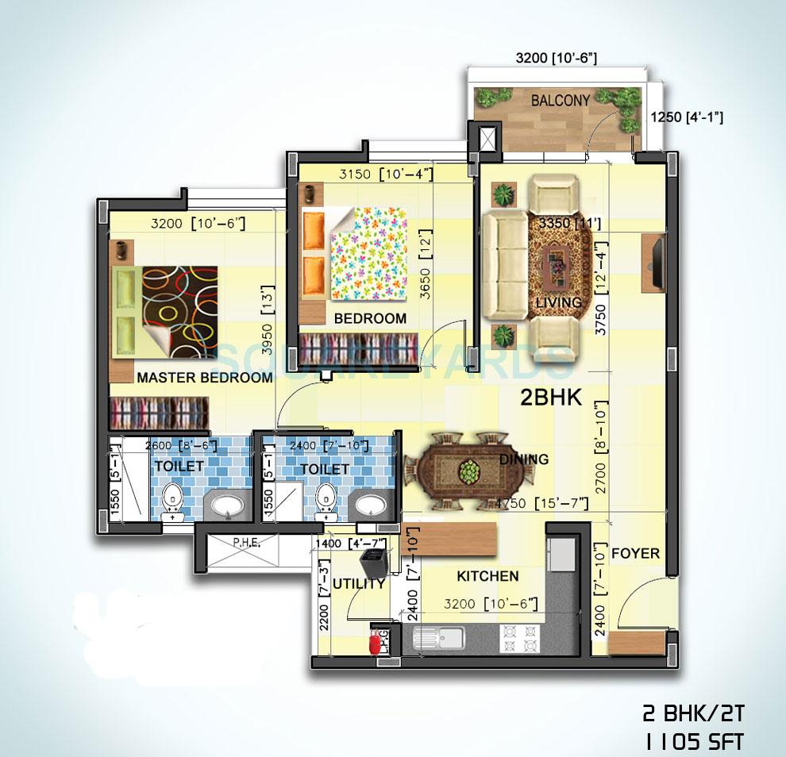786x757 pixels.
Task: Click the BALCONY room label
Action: (x=561, y=101)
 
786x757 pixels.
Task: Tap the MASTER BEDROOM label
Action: (x=204, y=378)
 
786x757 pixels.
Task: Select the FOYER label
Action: (x=635, y=553)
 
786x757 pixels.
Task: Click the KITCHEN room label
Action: (x=487, y=576)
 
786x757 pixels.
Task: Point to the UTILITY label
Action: (x=359, y=583)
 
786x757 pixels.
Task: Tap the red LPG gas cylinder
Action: (x=373, y=641)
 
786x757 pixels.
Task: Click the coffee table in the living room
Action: (x=561, y=263)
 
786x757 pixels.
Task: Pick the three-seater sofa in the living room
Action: (x=501, y=265)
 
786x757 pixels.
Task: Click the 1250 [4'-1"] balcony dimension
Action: (x=686, y=117)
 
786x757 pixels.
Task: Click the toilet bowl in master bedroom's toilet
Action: (x=172, y=501)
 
